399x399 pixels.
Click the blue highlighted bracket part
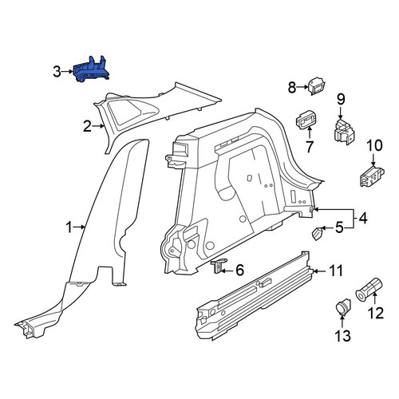pos(91,70)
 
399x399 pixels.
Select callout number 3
pos(57,72)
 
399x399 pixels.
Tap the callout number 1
pos(69,227)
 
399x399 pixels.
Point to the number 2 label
pos(87,126)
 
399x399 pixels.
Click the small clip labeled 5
pos(317,234)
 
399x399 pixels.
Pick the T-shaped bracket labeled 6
pos(219,266)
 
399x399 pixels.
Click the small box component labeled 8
pos(317,86)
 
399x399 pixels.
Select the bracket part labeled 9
pos(344,132)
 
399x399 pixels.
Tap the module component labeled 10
pos(372,176)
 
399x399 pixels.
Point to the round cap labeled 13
pos(343,307)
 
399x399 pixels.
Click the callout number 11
pos(336,271)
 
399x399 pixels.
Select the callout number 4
pos(362,218)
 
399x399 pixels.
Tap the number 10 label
pos(374,146)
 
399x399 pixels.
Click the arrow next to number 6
pos(227,271)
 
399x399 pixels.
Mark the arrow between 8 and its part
pos(302,87)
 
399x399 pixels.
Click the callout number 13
pos(343,335)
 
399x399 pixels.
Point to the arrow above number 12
pos(374,298)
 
